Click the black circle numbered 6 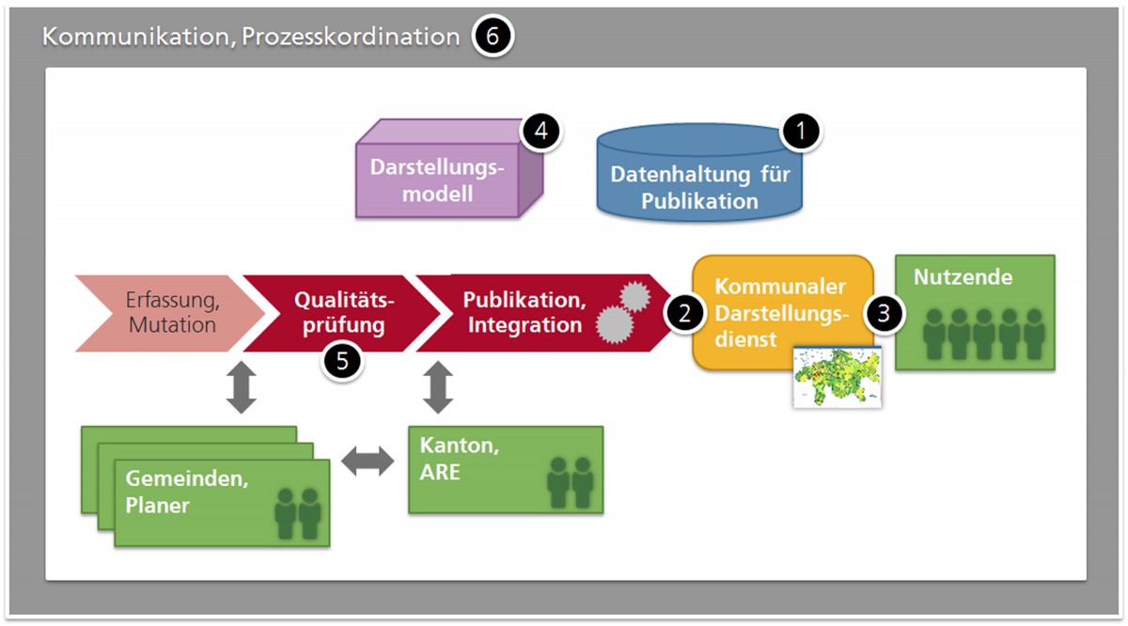point(493,38)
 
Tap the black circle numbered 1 point(801,133)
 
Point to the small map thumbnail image point(838,376)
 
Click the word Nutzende point(950,277)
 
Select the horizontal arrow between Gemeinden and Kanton point(369,461)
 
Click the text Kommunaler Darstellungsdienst point(780,312)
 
